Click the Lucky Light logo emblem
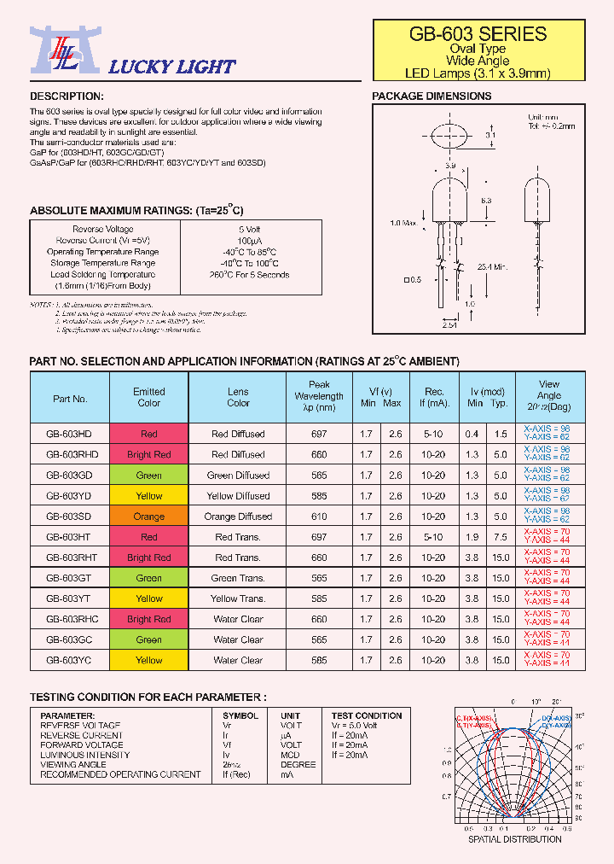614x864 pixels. [x=55, y=52]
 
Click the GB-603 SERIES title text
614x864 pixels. [x=478, y=34]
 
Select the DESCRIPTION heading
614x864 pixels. [x=67, y=96]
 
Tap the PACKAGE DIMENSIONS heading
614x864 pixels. [x=432, y=96]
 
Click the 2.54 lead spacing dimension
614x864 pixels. [x=449, y=325]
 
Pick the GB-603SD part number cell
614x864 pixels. [x=70, y=517]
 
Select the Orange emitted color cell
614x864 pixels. [x=149, y=517]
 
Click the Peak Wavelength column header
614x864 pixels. [x=318, y=396]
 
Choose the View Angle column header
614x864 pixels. [x=549, y=395]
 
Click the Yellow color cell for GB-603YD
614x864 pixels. [x=149, y=496]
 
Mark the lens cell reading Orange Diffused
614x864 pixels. [x=238, y=517]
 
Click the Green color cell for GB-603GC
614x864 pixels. [x=149, y=639]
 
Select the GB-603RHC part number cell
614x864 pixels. [x=70, y=619]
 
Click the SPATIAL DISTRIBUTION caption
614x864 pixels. [x=514, y=838]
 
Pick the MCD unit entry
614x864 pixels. [x=291, y=755]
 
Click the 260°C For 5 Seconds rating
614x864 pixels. [x=250, y=275]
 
